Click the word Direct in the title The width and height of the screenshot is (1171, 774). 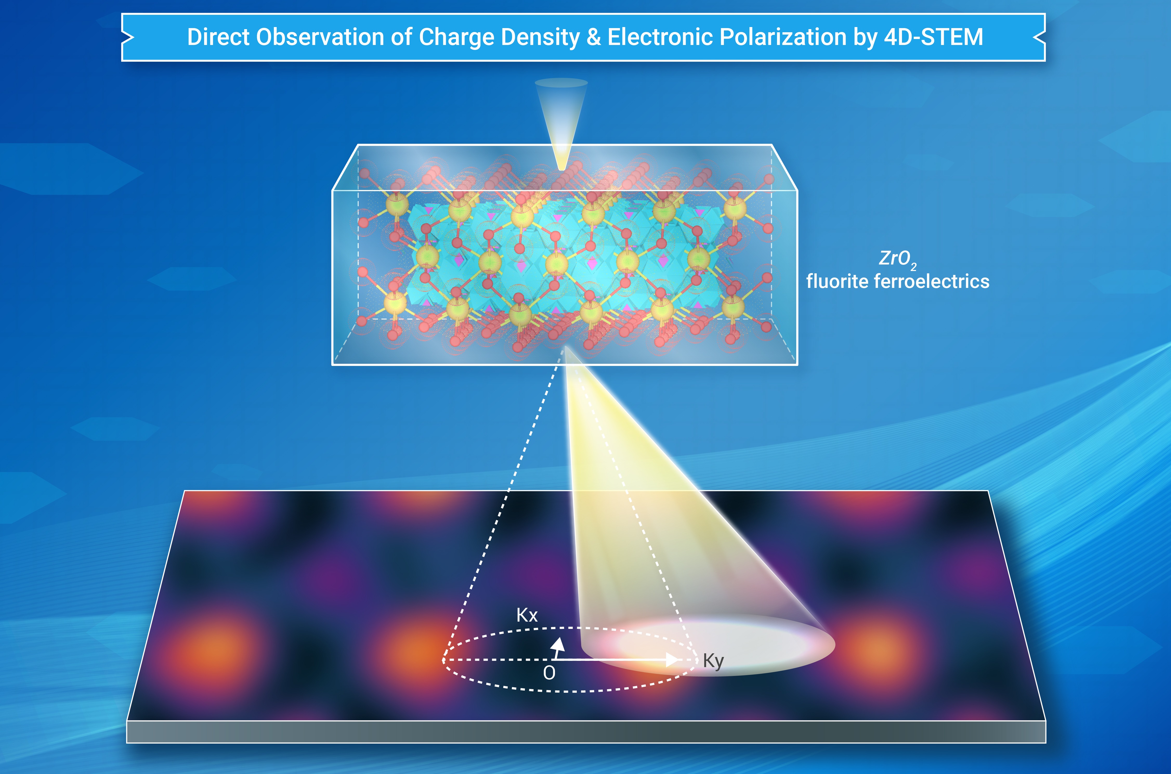coord(219,37)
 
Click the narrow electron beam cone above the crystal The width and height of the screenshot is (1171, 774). coord(561,123)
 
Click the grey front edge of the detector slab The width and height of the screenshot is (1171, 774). coord(586,732)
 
